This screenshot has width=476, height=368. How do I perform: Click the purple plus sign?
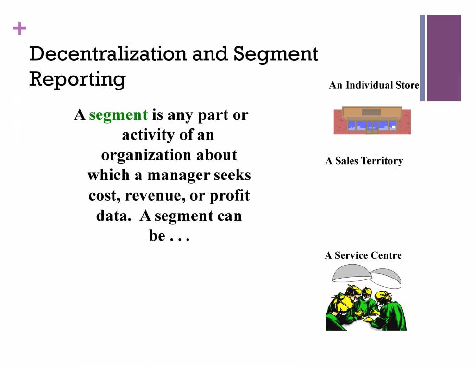(x=19, y=29)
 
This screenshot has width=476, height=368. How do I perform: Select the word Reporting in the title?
(x=77, y=78)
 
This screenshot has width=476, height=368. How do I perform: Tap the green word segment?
(x=118, y=115)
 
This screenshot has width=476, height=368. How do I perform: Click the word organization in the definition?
(x=169, y=155)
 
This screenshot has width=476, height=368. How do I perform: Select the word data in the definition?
(x=111, y=216)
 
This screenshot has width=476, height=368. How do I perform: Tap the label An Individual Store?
(x=374, y=85)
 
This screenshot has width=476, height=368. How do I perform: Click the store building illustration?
(x=372, y=120)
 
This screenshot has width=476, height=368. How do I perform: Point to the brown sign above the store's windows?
(x=371, y=112)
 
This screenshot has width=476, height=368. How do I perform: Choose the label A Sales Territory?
(x=364, y=161)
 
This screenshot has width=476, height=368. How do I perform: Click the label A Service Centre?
(x=363, y=255)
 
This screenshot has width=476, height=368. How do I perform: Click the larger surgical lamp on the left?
(x=352, y=275)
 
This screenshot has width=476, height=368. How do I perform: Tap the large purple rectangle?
(x=443, y=58)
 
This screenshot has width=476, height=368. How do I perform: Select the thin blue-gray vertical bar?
(x=422, y=58)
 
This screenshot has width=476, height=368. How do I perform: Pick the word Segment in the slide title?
(x=276, y=54)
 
